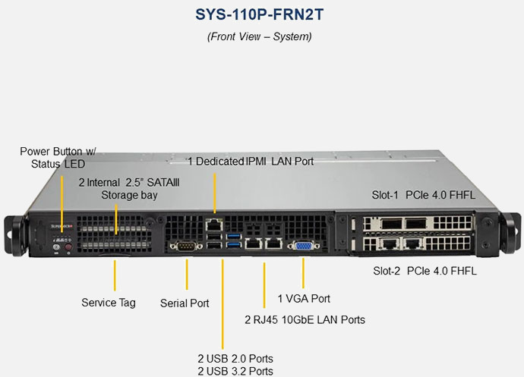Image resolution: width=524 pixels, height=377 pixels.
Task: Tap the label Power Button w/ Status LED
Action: coord(58,157)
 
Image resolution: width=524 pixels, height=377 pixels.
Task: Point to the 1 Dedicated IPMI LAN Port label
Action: coord(251,161)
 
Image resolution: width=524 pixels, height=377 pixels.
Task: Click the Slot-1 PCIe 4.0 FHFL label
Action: coord(423,195)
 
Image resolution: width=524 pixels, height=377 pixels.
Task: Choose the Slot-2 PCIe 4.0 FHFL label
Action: coord(425,270)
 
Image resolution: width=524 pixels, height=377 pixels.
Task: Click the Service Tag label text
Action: coord(109,303)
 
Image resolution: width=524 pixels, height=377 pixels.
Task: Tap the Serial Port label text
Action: coord(185,303)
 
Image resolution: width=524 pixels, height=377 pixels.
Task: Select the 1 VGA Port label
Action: coord(304,299)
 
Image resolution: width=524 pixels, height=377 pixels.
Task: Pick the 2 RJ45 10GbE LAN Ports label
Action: coord(305,320)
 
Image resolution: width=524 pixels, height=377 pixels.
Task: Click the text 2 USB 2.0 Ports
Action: coord(235,358)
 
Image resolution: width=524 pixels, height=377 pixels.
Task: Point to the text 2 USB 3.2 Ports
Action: coord(235,371)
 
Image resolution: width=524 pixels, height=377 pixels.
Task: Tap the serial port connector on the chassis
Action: coord(185,245)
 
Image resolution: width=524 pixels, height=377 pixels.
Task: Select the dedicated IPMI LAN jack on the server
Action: coord(216,225)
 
